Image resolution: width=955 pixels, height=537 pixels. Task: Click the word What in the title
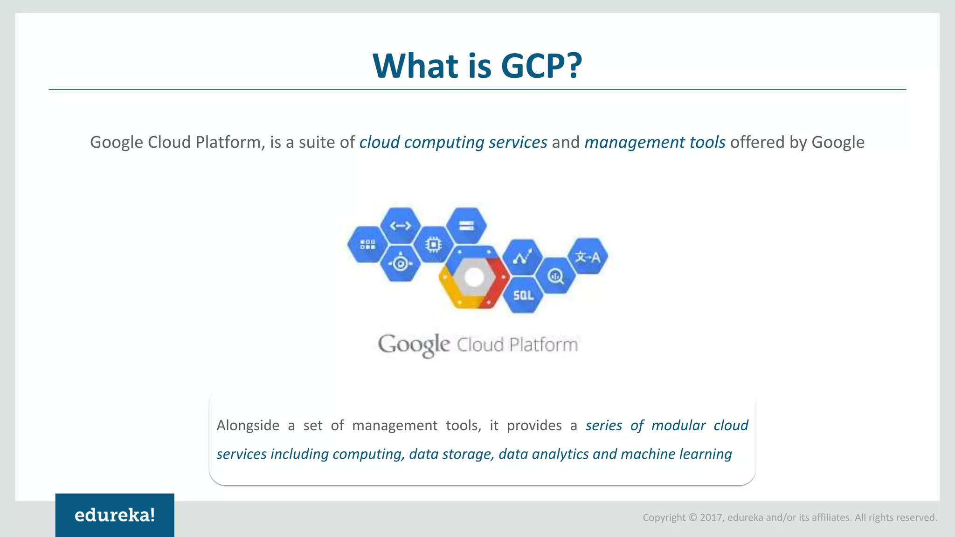[416, 65]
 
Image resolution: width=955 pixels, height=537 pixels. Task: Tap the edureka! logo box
[115, 515]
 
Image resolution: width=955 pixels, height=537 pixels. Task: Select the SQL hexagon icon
[523, 295]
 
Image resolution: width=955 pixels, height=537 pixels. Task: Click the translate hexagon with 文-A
[588, 256]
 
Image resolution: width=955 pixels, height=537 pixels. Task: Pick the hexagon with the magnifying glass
[555, 276]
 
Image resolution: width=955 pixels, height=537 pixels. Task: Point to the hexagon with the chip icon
[433, 244]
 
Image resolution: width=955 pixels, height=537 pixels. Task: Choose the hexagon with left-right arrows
[401, 226]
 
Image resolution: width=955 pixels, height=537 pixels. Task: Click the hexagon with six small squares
[367, 244]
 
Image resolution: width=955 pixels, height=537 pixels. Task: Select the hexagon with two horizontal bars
[466, 226]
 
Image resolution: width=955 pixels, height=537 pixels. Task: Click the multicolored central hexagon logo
[474, 277]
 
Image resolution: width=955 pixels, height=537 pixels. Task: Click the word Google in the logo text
[414, 345]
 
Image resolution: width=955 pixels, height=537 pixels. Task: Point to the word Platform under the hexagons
[543, 345]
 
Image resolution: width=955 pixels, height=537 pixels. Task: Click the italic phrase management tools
[655, 142]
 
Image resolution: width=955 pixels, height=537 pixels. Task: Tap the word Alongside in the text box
[248, 425]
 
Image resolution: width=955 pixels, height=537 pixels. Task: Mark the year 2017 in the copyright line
[711, 517]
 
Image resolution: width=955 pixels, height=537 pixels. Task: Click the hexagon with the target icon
[400, 264]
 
